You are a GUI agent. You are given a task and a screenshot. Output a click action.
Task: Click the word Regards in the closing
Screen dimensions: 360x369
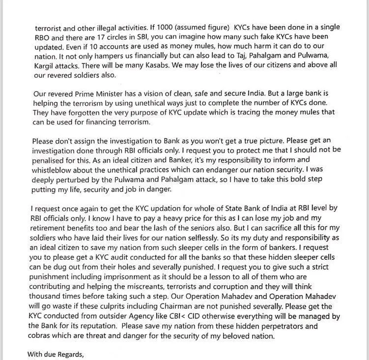(x=72, y=354)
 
